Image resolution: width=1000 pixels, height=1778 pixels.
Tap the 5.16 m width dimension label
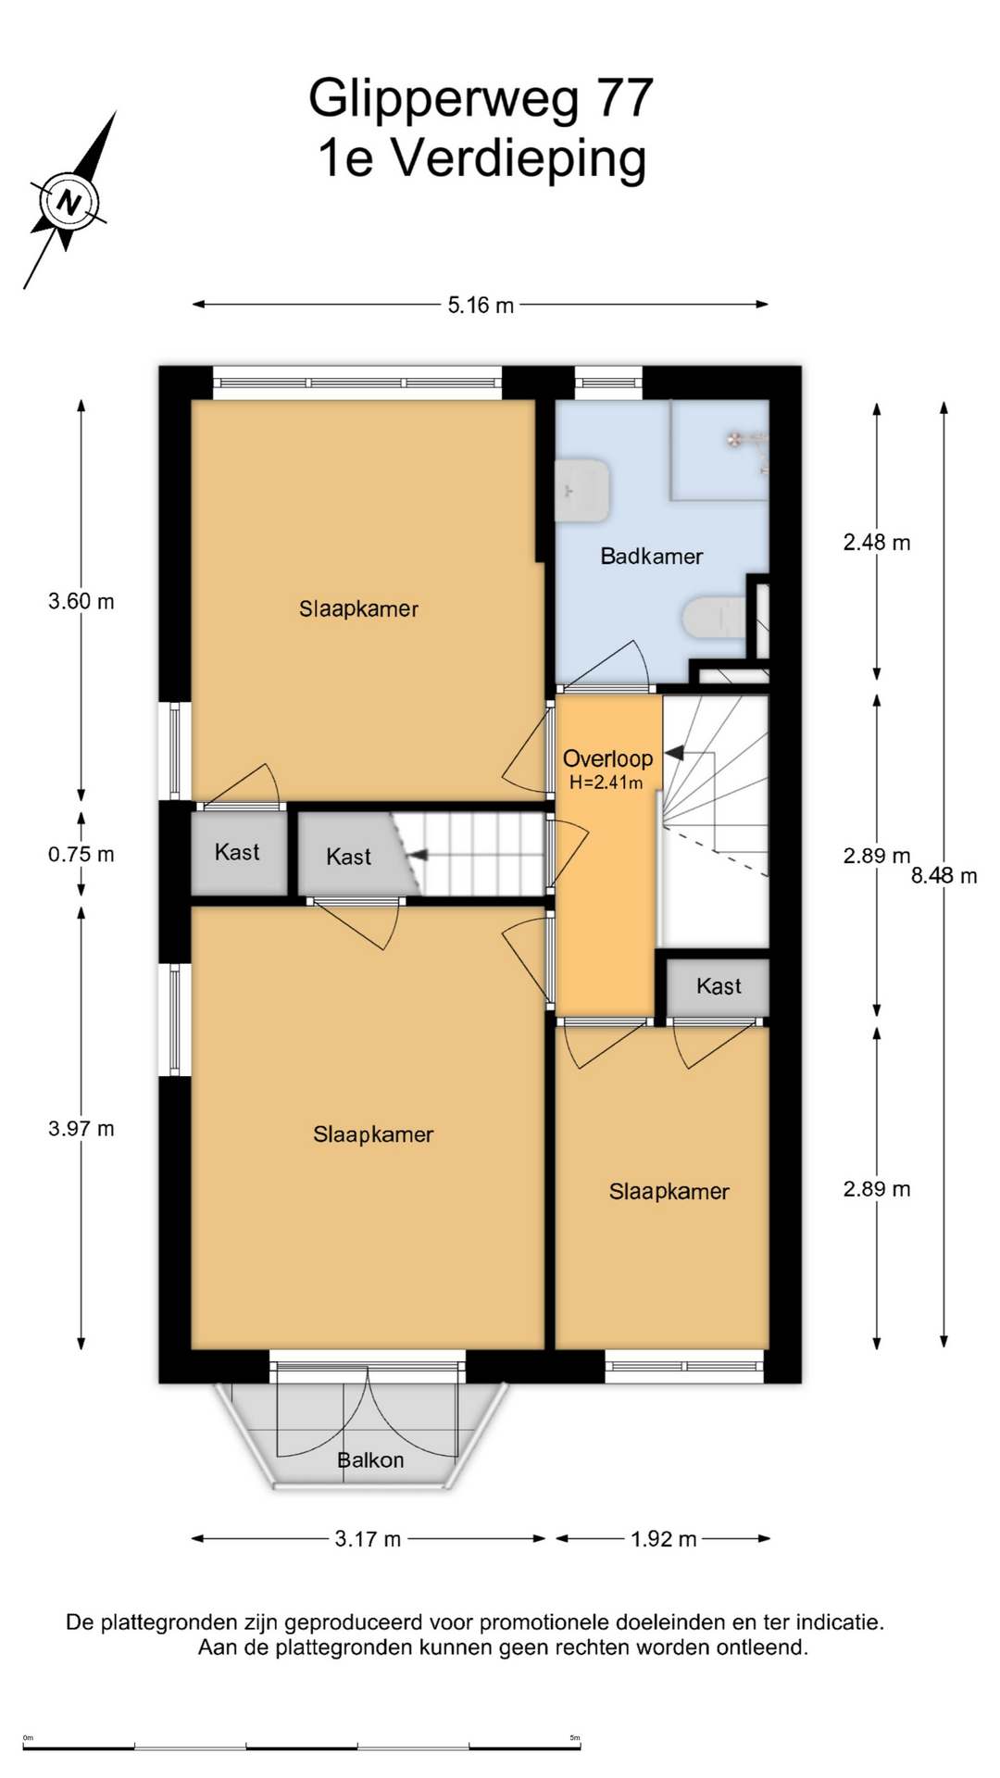pyautogui.click(x=481, y=305)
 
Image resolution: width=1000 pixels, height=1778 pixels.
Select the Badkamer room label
pyautogui.click(x=652, y=557)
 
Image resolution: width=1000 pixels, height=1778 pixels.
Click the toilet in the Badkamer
pyautogui.click(x=714, y=619)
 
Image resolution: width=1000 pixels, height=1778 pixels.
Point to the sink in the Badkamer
pyautogui.click(x=581, y=490)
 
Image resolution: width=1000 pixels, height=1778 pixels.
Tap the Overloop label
pyautogui.click(x=608, y=758)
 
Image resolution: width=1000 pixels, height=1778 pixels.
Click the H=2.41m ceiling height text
pyautogui.click(x=606, y=783)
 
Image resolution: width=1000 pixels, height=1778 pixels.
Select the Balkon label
pyautogui.click(x=370, y=1460)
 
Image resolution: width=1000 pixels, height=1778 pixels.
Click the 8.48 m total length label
pyautogui.click(x=944, y=876)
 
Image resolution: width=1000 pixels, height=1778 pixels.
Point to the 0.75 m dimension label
pyautogui.click(x=81, y=855)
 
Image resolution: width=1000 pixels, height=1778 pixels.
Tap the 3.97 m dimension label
pyautogui.click(x=81, y=1129)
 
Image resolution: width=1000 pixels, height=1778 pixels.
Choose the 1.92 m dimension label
pyautogui.click(x=664, y=1539)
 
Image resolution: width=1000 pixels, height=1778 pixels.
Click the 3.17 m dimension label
pyautogui.click(x=368, y=1539)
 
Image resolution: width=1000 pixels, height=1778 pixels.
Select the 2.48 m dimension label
pyautogui.click(x=877, y=543)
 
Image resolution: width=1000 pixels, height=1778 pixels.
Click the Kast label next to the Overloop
pyautogui.click(x=719, y=986)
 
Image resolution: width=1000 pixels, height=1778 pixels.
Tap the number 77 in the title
pyautogui.click(x=625, y=98)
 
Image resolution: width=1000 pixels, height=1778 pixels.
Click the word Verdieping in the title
pyautogui.click(x=519, y=158)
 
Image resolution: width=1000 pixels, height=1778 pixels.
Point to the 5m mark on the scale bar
pyautogui.click(x=575, y=1738)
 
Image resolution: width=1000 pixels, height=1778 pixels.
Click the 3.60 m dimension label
pyautogui.click(x=81, y=602)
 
